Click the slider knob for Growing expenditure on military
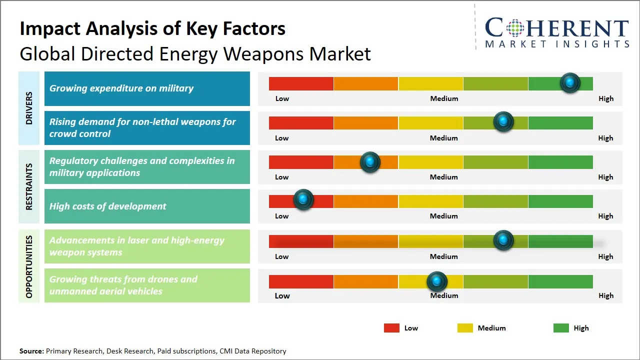pyautogui.click(x=569, y=83)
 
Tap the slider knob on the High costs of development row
pyautogui.click(x=303, y=199)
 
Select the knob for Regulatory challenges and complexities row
pyautogui.click(x=370, y=162)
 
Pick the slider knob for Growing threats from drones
pyautogui.click(x=437, y=282)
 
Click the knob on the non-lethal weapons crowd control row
pyautogui.click(x=503, y=122)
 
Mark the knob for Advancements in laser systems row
pyautogui.click(x=503, y=240)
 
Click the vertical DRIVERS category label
pyautogui.click(x=29, y=108)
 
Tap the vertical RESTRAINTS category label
pyautogui.click(x=29, y=186)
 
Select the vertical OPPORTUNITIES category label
pyautogui.click(x=29, y=266)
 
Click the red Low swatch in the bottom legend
pyautogui.click(x=391, y=328)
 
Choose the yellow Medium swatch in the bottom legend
pyautogui.click(x=465, y=328)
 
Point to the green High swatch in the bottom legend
pyautogui.click(x=561, y=328)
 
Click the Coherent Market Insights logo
pyautogui.click(x=557, y=32)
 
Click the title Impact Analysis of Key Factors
pyautogui.click(x=152, y=29)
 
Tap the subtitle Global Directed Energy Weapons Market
pyautogui.click(x=195, y=54)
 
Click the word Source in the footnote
pyautogui.click(x=31, y=351)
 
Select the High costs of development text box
pyautogui.click(x=147, y=206)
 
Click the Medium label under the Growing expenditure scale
pyautogui.click(x=444, y=98)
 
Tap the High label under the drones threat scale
pyautogui.click(x=605, y=295)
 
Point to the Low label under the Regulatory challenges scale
pyautogui.click(x=282, y=177)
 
